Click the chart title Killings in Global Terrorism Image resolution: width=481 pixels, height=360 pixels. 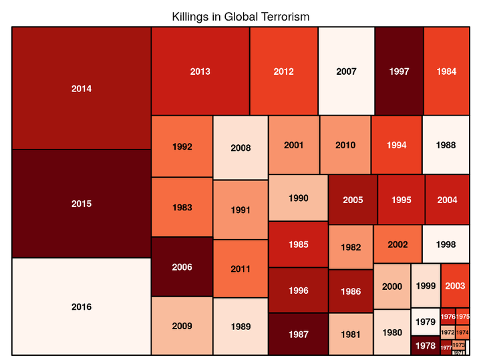[240, 16]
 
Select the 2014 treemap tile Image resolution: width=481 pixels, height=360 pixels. [82, 88]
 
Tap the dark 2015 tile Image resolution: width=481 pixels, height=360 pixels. [82, 204]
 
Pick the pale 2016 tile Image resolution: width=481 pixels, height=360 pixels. [82, 307]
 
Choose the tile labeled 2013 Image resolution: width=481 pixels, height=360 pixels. [200, 71]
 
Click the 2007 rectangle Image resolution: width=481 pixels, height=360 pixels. [346, 71]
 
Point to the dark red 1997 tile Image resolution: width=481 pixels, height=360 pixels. [399, 71]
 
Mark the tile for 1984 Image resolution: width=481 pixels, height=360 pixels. [446, 71]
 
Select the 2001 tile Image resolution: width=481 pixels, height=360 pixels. [293, 145]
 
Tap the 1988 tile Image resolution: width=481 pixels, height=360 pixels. [446, 145]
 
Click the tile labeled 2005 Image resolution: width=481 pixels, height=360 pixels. [353, 199]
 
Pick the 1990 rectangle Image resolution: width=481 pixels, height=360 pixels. [298, 198]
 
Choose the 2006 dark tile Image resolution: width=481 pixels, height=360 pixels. [182, 267]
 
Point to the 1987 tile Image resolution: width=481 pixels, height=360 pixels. [298, 334]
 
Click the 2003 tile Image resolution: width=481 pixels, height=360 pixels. [455, 286]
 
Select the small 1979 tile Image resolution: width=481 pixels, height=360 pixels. [425, 322]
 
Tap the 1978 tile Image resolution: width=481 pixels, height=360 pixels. [425, 346]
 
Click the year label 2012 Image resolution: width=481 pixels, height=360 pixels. [284, 71]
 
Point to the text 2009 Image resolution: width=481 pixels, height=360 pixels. [182, 327]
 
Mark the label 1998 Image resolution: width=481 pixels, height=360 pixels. [446, 244]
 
